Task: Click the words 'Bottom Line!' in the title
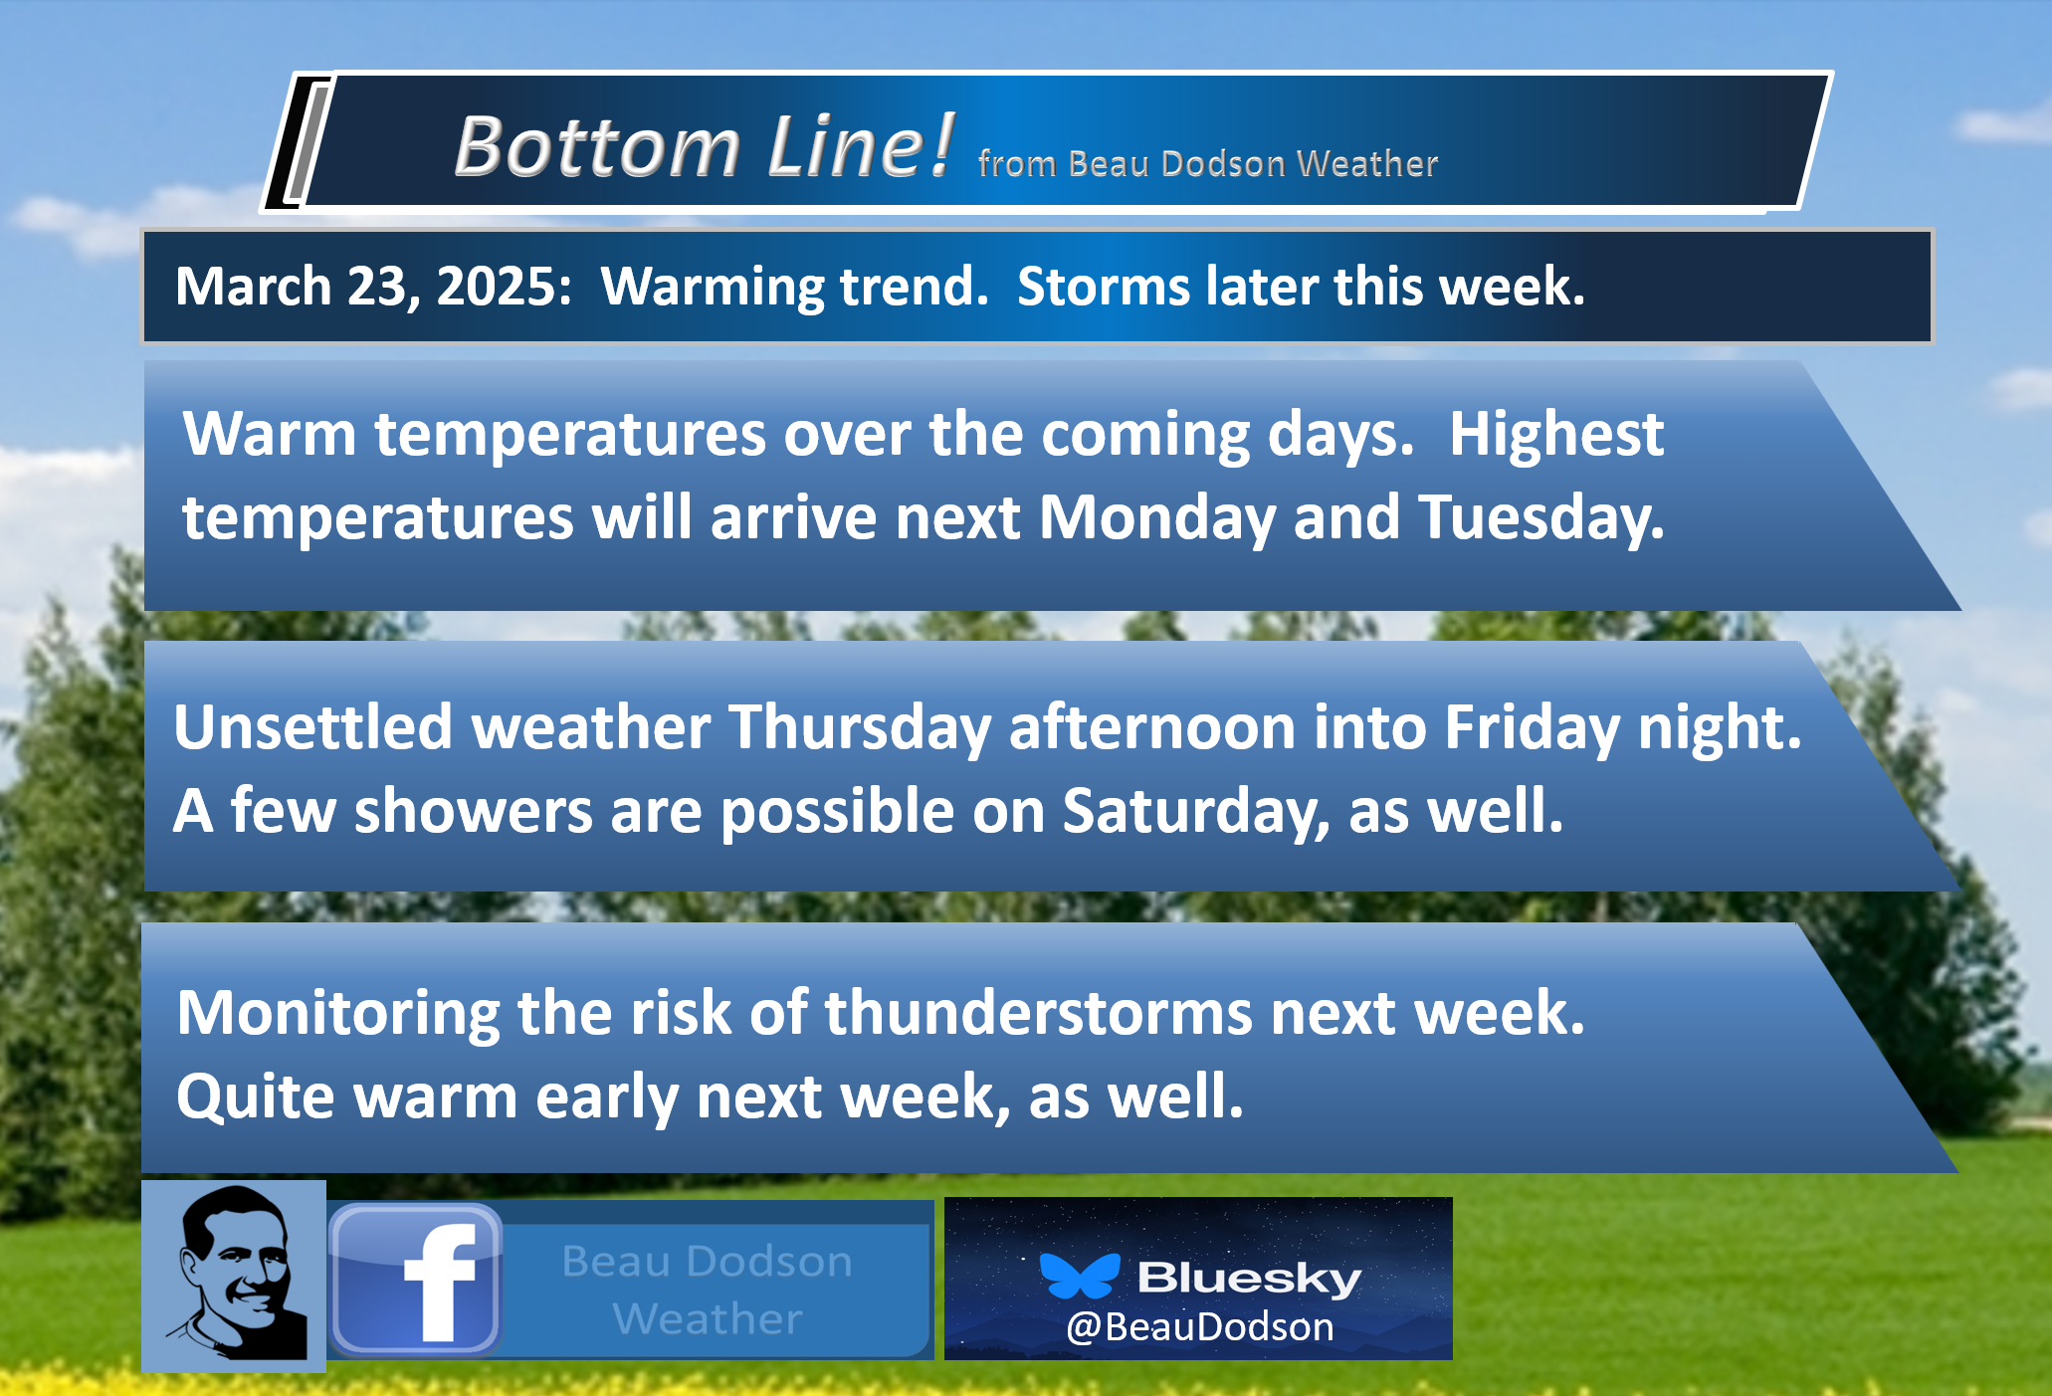704,146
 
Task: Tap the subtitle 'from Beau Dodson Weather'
1208,163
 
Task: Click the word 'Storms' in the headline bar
1103,287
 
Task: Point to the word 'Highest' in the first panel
1555,435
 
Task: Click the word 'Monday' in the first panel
1156,518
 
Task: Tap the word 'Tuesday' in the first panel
1540,518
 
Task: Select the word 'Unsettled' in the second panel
313,726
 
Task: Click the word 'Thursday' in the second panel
860,728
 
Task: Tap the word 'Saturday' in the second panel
1195,812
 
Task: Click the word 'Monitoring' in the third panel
338,1014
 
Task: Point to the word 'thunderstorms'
1038,1013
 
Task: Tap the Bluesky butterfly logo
1079,1277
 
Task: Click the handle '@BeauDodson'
1199,1327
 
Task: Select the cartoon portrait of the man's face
236,1275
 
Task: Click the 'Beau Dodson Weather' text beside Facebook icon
708,1290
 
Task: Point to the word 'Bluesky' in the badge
1249,1278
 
